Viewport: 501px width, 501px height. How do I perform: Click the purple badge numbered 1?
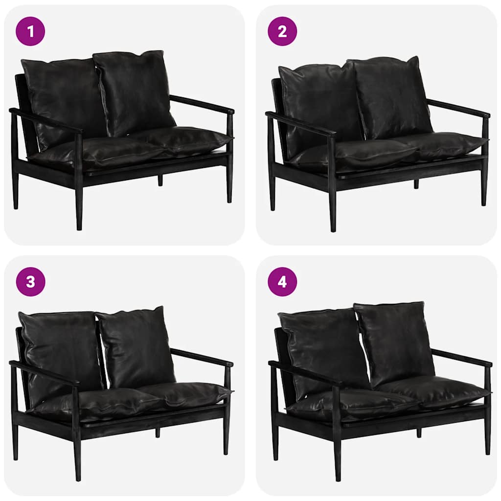[x=30, y=31]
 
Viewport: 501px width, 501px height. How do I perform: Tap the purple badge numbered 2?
[x=282, y=31]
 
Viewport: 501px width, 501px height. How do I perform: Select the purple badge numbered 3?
[x=30, y=281]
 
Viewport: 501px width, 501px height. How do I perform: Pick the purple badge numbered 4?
[x=282, y=281]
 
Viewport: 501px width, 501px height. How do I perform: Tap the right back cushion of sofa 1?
[x=134, y=92]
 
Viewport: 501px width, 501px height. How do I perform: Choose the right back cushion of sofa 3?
[x=136, y=347]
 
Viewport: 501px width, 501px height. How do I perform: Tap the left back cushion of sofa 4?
[x=324, y=355]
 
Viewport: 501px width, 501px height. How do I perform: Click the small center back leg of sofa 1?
[x=160, y=180]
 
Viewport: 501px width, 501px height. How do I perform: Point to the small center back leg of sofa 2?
[x=416, y=184]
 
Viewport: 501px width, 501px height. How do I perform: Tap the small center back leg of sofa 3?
[x=158, y=433]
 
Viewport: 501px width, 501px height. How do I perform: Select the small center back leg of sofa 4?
[x=419, y=433]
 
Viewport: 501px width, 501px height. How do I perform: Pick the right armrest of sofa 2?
[x=458, y=108]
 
